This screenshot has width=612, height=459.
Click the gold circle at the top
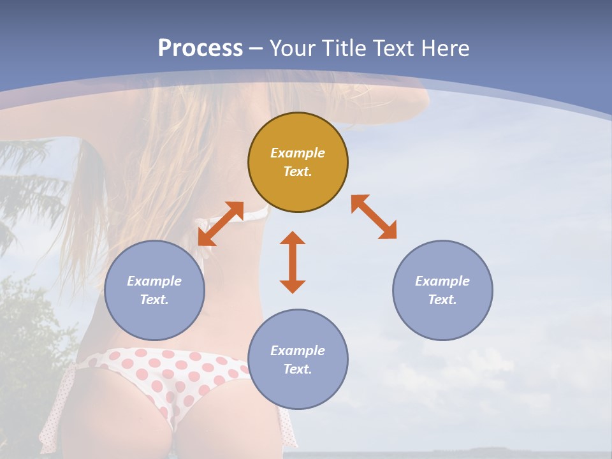pyautogui.click(x=298, y=127)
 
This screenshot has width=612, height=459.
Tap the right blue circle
pyautogui.click(x=442, y=319)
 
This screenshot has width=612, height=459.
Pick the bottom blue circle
pyautogui.click(x=298, y=389)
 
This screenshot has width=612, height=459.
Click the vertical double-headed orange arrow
pyautogui.click(x=293, y=262)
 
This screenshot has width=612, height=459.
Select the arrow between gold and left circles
pyautogui.click(x=221, y=223)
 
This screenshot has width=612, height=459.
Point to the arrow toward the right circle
pyautogui.click(x=374, y=217)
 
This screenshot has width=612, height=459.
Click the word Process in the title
pyautogui.click(x=200, y=48)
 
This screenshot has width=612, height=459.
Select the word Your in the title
pyautogui.click(x=293, y=48)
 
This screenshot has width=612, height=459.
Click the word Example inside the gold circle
pyautogui.click(x=298, y=153)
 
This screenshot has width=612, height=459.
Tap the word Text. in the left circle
pyautogui.click(x=154, y=300)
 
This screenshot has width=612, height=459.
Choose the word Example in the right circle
pyautogui.click(x=442, y=281)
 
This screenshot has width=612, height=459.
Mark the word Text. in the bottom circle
pyautogui.click(x=298, y=369)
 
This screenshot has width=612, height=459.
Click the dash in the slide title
pyautogui.click(x=256, y=48)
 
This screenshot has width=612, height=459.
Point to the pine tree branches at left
pyautogui.click(x=29, y=185)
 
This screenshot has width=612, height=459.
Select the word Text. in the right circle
pyautogui.click(x=442, y=300)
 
